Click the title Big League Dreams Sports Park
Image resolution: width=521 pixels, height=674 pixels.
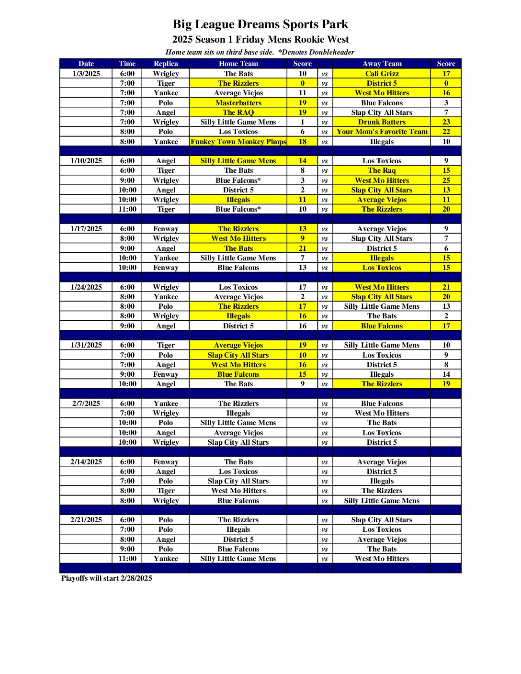(260, 24)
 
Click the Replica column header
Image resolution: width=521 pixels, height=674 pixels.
(166, 64)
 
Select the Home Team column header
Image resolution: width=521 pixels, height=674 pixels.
(238, 64)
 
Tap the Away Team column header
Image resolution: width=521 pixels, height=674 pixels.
(382, 64)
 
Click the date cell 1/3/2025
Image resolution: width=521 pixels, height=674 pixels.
(86, 74)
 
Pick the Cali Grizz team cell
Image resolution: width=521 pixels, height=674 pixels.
(382, 74)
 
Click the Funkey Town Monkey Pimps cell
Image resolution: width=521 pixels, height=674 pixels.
(238, 142)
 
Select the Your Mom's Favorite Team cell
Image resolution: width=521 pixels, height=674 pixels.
(382, 132)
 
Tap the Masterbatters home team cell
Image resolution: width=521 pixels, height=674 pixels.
(238, 103)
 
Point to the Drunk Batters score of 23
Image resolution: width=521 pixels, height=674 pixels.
(446, 122)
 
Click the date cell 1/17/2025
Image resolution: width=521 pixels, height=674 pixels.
(86, 229)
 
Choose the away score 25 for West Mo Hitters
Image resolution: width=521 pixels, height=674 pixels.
(446, 180)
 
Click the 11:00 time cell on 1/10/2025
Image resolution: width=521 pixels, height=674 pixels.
(127, 209)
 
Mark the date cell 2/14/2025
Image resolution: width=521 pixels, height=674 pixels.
(86, 462)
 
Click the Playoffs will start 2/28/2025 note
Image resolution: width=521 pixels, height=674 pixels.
(107, 578)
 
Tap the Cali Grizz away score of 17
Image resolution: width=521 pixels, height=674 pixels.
(446, 74)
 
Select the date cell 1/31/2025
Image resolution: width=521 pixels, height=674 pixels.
(86, 345)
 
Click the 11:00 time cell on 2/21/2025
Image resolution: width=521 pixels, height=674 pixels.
(127, 559)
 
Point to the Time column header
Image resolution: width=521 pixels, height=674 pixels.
(127, 64)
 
